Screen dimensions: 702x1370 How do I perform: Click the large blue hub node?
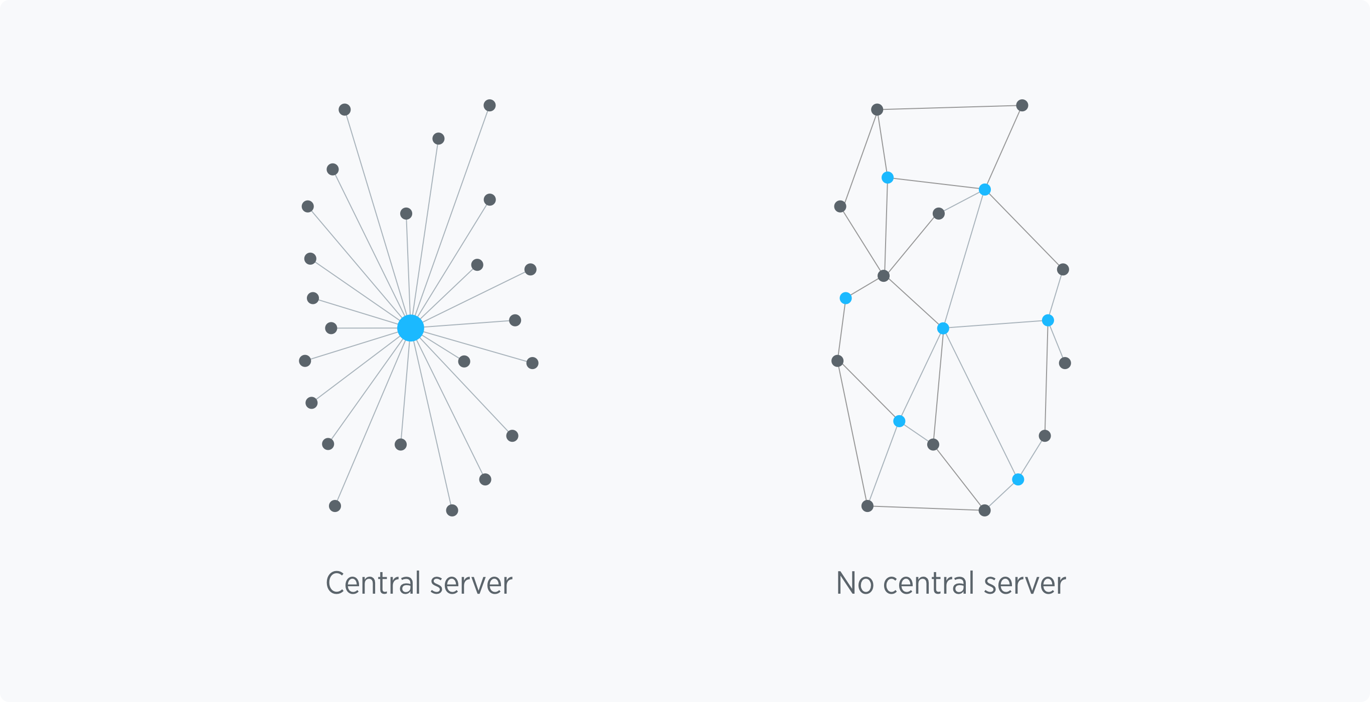[411, 327]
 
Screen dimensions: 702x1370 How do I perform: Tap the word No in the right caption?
[854, 583]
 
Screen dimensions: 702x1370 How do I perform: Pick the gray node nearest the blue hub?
[464, 362]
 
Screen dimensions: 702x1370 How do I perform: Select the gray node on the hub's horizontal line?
[331, 328]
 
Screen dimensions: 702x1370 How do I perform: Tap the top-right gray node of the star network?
[490, 105]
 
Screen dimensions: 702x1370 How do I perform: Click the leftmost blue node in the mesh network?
[845, 298]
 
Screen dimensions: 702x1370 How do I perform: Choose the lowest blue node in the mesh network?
[1018, 480]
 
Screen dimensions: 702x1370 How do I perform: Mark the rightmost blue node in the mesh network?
[1048, 320]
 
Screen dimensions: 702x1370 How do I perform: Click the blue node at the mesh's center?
[943, 328]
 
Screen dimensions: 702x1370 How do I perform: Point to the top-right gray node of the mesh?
[1022, 105]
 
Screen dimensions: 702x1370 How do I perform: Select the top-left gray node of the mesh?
[877, 109]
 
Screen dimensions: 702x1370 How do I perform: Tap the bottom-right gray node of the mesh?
[984, 510]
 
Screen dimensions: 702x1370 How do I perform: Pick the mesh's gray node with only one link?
[1065, 363]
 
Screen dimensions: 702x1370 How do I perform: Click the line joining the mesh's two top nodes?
[949, 107]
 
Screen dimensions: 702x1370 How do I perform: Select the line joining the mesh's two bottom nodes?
[926, 508]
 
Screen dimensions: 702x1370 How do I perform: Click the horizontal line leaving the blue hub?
[367, 328]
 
